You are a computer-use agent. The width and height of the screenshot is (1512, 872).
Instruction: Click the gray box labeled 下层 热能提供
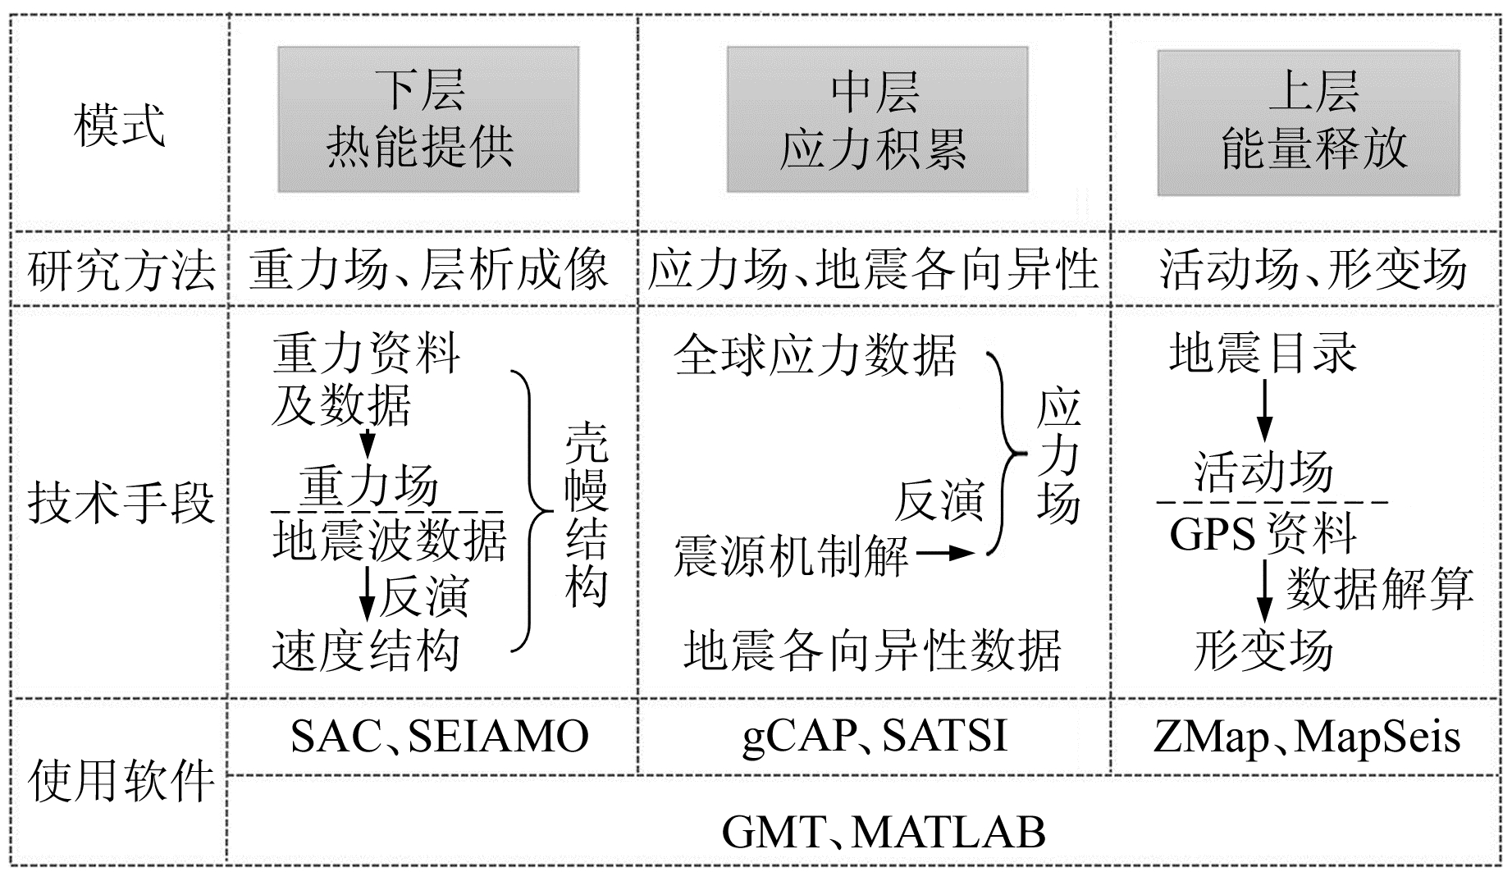pos(428,120)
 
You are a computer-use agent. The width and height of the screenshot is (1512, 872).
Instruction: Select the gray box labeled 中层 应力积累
pos(877,120)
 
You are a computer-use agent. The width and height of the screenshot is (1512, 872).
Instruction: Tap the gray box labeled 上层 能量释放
pos(1309,123)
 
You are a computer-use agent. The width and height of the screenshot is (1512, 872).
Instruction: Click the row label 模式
pos(120,125)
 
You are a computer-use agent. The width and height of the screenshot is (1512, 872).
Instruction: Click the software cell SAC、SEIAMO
pos(440,737)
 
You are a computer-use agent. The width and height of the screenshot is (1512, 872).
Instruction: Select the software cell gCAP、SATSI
pos(875,737)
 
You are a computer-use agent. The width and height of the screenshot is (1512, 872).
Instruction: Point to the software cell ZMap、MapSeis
pos(1307,737)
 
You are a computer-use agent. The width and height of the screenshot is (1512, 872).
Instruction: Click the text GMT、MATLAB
pos(884,832)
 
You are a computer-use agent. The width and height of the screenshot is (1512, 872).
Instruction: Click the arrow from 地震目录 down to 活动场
pos(1265,410)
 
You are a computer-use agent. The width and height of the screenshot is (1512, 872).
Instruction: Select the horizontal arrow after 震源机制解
pos(945,554)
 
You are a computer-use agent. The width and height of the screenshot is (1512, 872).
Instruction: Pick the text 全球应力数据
pos(815,355)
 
